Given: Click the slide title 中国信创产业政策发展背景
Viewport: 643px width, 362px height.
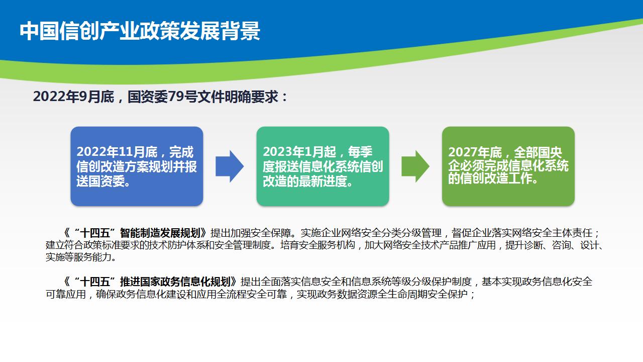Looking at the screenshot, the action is click(140, 31).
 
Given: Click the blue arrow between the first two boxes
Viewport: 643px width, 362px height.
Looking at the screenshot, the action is click(230, 166).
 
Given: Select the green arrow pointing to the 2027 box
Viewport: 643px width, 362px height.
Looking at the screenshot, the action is click(415, 166).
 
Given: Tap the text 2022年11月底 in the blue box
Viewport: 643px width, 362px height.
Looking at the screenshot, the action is click(117, 152).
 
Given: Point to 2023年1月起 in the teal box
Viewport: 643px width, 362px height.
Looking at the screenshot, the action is click(299, 152).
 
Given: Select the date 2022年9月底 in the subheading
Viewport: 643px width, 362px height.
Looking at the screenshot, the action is click(73, 97).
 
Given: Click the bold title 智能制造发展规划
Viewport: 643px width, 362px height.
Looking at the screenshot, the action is click(160, 233).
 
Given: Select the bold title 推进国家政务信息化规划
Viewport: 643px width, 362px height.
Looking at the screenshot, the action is click(175, 282).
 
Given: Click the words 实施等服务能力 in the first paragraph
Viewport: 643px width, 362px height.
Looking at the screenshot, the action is click(78, 257).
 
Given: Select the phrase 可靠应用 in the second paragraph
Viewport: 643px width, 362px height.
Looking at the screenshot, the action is click(66, 294).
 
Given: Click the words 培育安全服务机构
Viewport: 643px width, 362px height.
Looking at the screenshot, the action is click(318, 245).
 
